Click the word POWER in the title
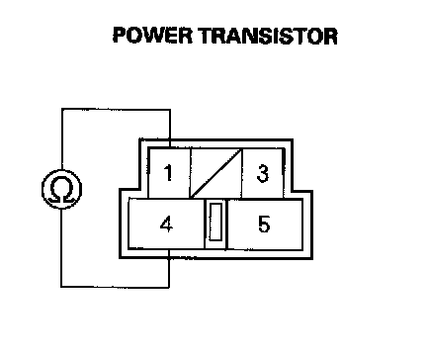(x=152, y=36)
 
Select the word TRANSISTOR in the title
(x=269, y=36)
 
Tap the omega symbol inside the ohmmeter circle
(x=61, y=190)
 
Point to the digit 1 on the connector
(x=168, y=173)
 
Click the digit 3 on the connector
(x=263, y=173)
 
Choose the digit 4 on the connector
(x=166, y=225)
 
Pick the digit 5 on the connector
(x=264, y=224)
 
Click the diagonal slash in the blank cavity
(x=216, y=174)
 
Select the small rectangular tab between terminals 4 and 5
(x=215, y=222)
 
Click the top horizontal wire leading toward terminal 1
(x=116, y=109)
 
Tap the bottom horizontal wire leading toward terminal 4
(x=115, y=287)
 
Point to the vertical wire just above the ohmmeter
(x=62, y=139)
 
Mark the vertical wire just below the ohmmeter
(x=61, y=247)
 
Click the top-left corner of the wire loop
(x=62, y=109)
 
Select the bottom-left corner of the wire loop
(x=61, y=287)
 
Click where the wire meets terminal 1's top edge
(x=170, y=148)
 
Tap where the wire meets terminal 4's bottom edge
(x=169, y=249)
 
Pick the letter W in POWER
(x=162, y=36)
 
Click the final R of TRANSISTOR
(x=330, y=36)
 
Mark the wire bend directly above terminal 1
(x=170, y=110)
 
